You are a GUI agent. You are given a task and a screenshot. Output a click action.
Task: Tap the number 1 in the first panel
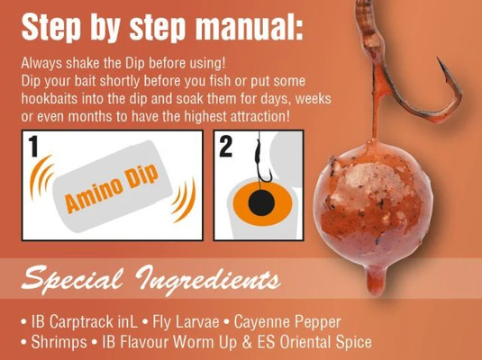pos(33,146)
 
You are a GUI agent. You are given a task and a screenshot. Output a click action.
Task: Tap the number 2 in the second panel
pos(226,147)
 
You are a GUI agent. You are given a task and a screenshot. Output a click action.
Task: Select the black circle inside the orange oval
pos(261,203)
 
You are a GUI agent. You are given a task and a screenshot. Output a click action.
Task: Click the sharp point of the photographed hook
pos(438,58)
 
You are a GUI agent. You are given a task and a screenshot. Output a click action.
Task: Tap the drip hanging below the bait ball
pos(376,279)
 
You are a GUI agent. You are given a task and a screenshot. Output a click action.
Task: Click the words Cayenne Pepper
pos(287,322)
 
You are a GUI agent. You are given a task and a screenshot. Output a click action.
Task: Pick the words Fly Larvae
pos(186,322)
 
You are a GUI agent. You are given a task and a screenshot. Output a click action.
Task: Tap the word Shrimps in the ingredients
pos(59,343)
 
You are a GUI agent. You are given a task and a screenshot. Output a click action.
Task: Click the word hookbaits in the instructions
pos(50,99)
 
